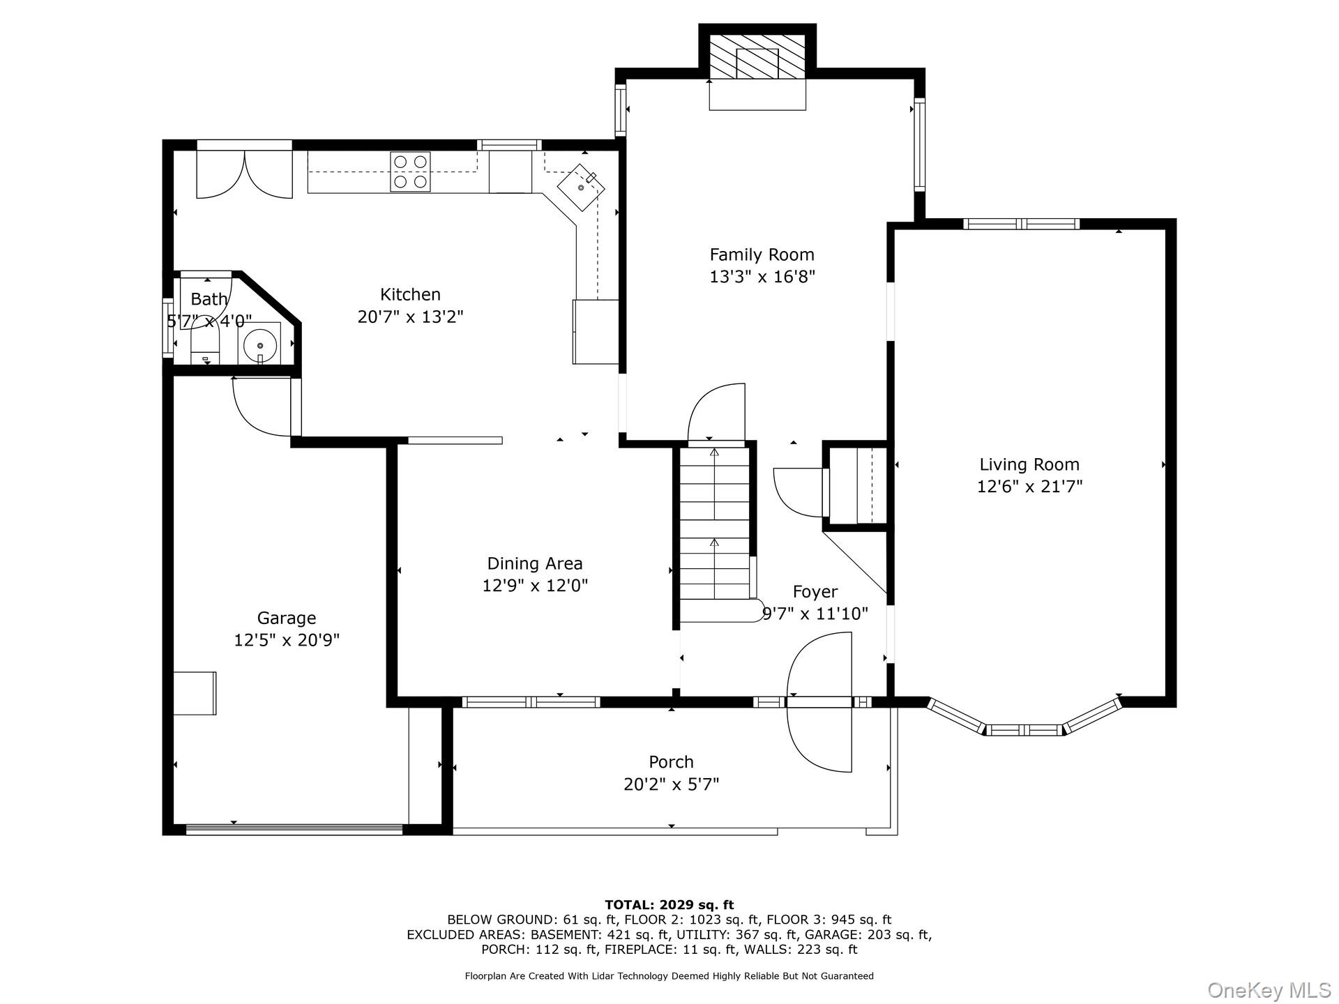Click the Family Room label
(762, 254)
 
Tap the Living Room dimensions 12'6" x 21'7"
(1029, 486)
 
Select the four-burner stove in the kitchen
(410, 172)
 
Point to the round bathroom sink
(259, 344)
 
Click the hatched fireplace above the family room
(757, 56)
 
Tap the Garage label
(286, 618)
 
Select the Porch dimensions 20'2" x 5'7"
(671, 784)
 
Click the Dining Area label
(534, 563)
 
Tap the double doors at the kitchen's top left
(244, 174)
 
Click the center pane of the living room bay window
(1024, 730)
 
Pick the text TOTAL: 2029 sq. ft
(669, 905)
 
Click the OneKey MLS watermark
(1269, 989)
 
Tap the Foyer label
(815, 592)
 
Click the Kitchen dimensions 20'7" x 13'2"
(410, 317)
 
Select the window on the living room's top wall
(1022, 224)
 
